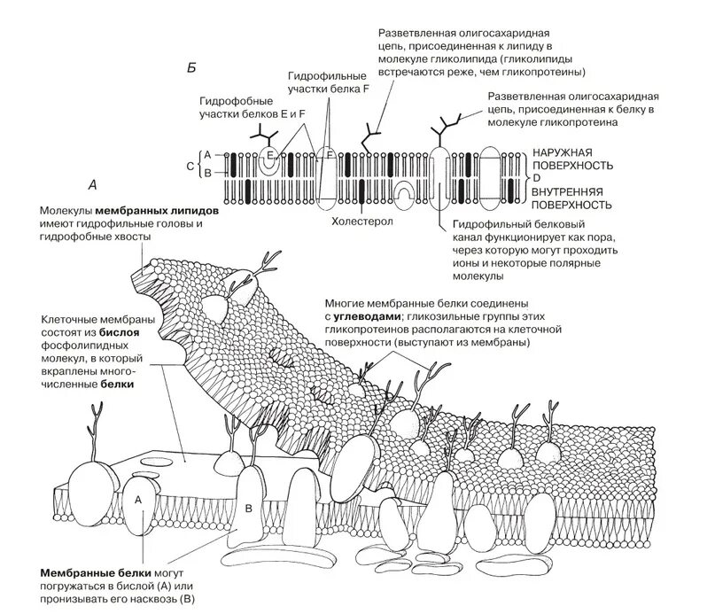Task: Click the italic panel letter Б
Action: pyautogui.click(x=191, y=67)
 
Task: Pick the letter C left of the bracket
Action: pyautogui.click(x=190, y=164)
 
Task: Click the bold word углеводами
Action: pyautogui.click(x=368, y=316)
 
